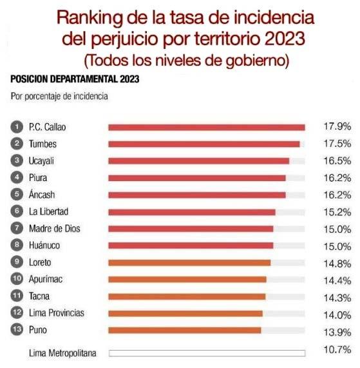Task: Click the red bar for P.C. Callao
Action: click(x=207, y=128)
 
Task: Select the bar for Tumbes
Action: click(x=204, y=144)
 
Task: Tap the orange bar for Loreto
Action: click(x=189, y=262)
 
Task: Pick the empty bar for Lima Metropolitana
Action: click(x=207, y=353)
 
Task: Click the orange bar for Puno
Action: click(x=185, y=331)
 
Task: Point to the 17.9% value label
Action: click(x=337, y=126)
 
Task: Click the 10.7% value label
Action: click(x=337, y=350)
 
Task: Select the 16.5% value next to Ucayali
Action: click(x=337, y=160)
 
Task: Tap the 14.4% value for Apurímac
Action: click(x=337, y=281)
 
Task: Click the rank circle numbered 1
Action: click(x=17, y=127)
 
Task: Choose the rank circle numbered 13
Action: click(x=17, y=329)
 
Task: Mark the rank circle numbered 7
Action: click(x=17, y=228)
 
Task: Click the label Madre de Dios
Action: click(x=54, y=229)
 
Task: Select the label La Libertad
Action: click(x=48, y=211)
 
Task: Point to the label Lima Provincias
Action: click(x=57, y=313)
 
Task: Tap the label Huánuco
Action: click(x=44, y=246)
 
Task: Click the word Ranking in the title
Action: click(x=90, y=18)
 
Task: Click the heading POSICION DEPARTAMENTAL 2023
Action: click(x=75, y=79)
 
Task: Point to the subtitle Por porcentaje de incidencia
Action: click(x=59, y=97)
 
